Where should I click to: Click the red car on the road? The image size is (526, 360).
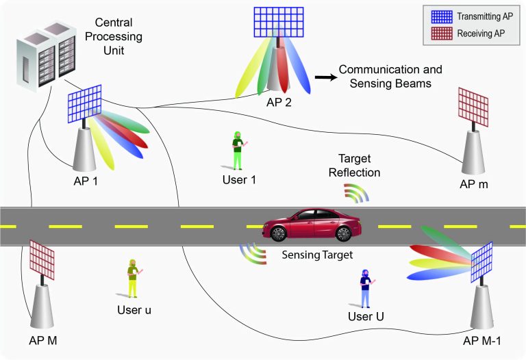312,224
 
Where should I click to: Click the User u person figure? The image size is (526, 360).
134,278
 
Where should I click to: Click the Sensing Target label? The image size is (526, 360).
317,255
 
